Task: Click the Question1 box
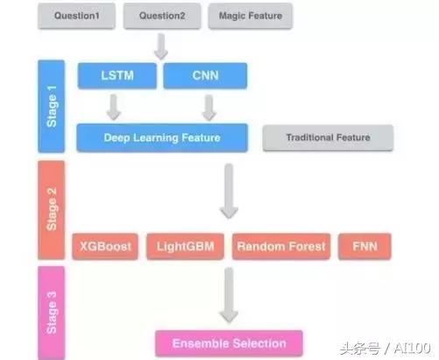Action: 77,17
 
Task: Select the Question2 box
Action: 163,17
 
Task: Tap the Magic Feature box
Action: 250,17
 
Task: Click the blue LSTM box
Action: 117,75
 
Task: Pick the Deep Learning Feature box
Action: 163,137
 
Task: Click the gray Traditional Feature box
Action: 328,138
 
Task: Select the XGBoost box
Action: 105,246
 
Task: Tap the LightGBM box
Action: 184,246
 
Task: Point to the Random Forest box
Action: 280,246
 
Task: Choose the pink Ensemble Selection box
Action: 228,342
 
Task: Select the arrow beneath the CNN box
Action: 209,107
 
